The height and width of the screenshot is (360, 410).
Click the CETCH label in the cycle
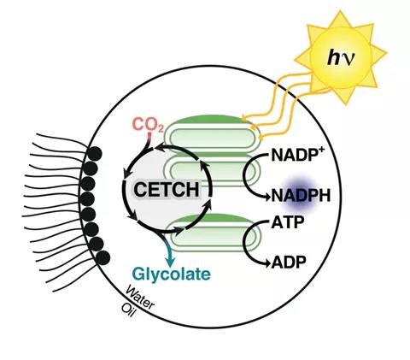pyautogui.click(x=167, y=189)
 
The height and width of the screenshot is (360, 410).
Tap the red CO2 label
pyautogui.click(x=148, y=125)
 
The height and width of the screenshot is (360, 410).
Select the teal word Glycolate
pyautogui.click(x=172, y=274)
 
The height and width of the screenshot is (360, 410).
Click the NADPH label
pyautogui.click(x=301, y=196)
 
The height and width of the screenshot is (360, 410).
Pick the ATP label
pyautogui.click(x=288, y=222)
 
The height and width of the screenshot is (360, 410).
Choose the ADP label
pyautogui.click(x=289, y=262)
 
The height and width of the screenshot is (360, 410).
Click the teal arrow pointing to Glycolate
pyautogui.click(x=167, y=248)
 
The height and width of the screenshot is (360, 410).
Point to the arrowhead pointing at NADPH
pyautogui.click(x=266, y=197)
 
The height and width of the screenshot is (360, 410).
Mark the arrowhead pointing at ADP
pyautogui.click(x=266, y=263)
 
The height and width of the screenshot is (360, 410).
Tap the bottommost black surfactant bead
pyautogui.click(x=102, y=258)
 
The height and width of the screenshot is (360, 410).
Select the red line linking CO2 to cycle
pyautogui.click(x=149, y=139)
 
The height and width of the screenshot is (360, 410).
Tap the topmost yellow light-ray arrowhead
pyautogui.click(x=243, y=118)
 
